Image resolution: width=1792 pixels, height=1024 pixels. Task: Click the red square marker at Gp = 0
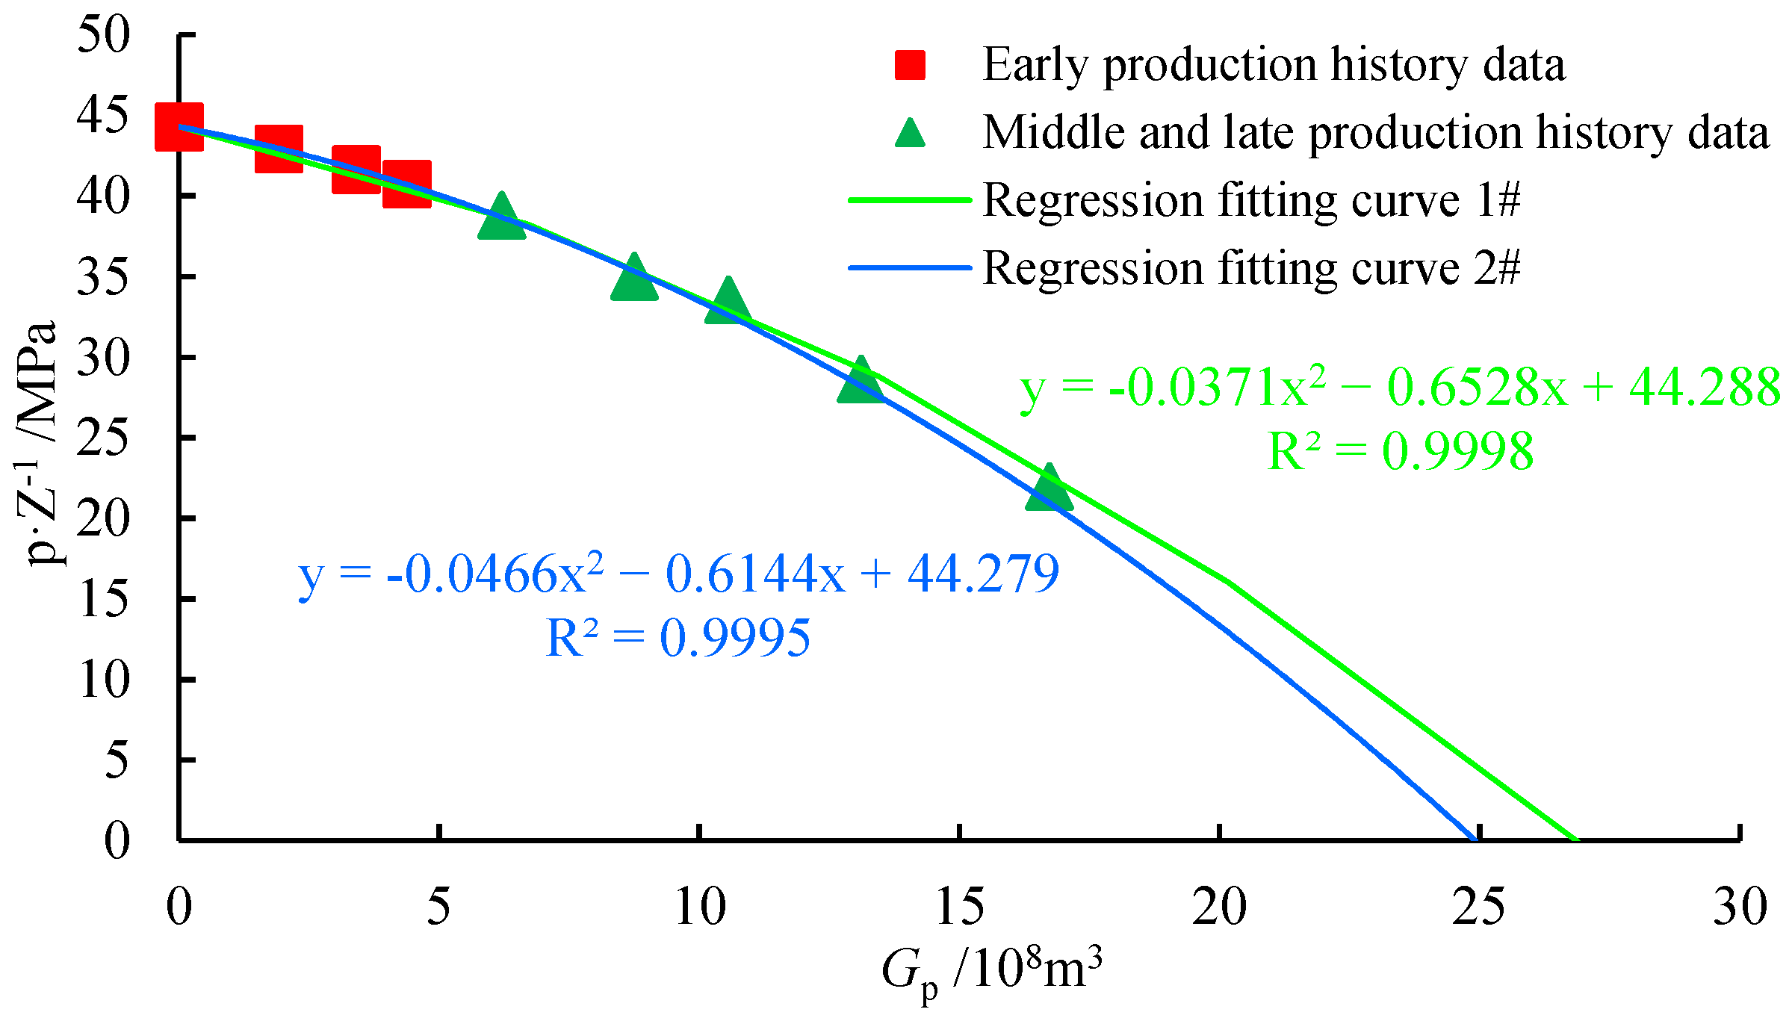[x=179, y=127]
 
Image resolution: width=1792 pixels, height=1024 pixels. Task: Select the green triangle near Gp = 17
[x=1050, y=489]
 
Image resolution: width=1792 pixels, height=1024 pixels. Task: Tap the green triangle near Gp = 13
[x=861, y=382]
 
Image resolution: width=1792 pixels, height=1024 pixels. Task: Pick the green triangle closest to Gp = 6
[x=502, y=217]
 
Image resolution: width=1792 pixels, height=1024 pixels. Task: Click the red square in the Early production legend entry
[x=910, y=65]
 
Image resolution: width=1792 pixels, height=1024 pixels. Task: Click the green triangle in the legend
[x=910, y=134]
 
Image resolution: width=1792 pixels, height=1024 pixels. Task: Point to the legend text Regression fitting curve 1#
[x=1251, y=200]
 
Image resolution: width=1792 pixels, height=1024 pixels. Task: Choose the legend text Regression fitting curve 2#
[x=1251, y=268]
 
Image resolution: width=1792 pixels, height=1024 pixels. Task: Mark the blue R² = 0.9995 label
[x=678, y=639]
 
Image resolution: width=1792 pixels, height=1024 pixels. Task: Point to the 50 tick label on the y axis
[x=103, y=34]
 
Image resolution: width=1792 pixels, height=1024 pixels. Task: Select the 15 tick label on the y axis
[x=103, y=599]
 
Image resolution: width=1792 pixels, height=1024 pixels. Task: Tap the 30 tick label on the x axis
[x=1740, y=907]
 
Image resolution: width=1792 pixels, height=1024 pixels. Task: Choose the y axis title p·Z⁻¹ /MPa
[x=39, y=444]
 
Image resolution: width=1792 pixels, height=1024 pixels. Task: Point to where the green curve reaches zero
[x=1576, y=839]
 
